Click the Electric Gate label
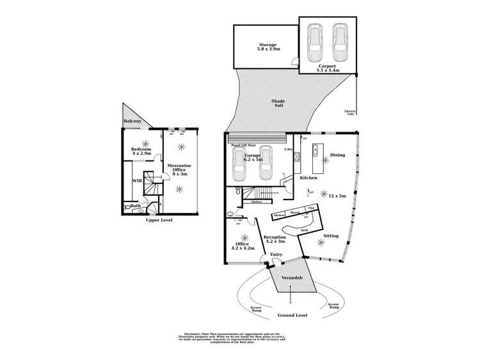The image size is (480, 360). coord(350,113)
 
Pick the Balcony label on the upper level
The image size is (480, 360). coord(132,121)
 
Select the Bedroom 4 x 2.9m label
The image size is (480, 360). coord(141,152)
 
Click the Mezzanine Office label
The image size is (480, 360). coord(177,169)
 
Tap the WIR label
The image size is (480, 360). coord(137,181)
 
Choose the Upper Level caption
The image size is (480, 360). coord(159,220)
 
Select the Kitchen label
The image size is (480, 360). coord(309,178)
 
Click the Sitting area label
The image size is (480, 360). coord(331,236)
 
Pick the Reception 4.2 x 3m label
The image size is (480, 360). coord(275,239)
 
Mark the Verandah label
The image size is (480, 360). coord(291,278)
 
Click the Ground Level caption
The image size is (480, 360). coord(292,315)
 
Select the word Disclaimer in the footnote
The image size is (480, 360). coord(193,334)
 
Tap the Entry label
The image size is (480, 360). coord(276,255)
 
